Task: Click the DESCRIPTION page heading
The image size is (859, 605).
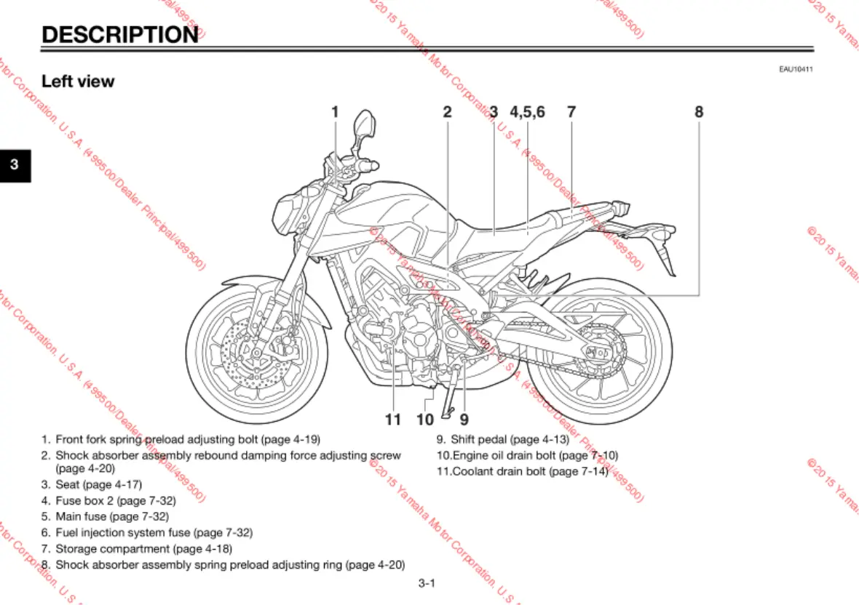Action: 119,34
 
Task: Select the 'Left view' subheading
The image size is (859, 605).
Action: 78,81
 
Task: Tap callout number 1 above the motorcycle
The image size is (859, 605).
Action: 335,112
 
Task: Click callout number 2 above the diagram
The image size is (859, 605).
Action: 447,112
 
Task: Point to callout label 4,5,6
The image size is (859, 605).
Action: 527,112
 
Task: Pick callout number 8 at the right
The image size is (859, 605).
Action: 699,112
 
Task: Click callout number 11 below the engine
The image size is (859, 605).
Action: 393,420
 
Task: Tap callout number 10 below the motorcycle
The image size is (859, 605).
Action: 425,420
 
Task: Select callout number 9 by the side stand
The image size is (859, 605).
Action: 464,420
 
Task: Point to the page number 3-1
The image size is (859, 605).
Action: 427,582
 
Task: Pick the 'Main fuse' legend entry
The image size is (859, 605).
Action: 82,516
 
